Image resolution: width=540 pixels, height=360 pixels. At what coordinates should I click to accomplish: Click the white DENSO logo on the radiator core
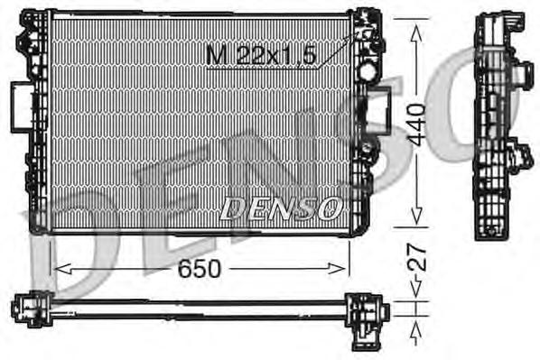pos(280,208)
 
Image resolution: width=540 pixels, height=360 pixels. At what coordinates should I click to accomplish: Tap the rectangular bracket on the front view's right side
pos(373,114)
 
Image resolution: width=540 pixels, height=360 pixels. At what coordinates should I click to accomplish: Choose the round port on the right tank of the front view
pos(368,69)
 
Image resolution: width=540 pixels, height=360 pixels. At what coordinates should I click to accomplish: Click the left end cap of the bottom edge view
pos(29,309)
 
